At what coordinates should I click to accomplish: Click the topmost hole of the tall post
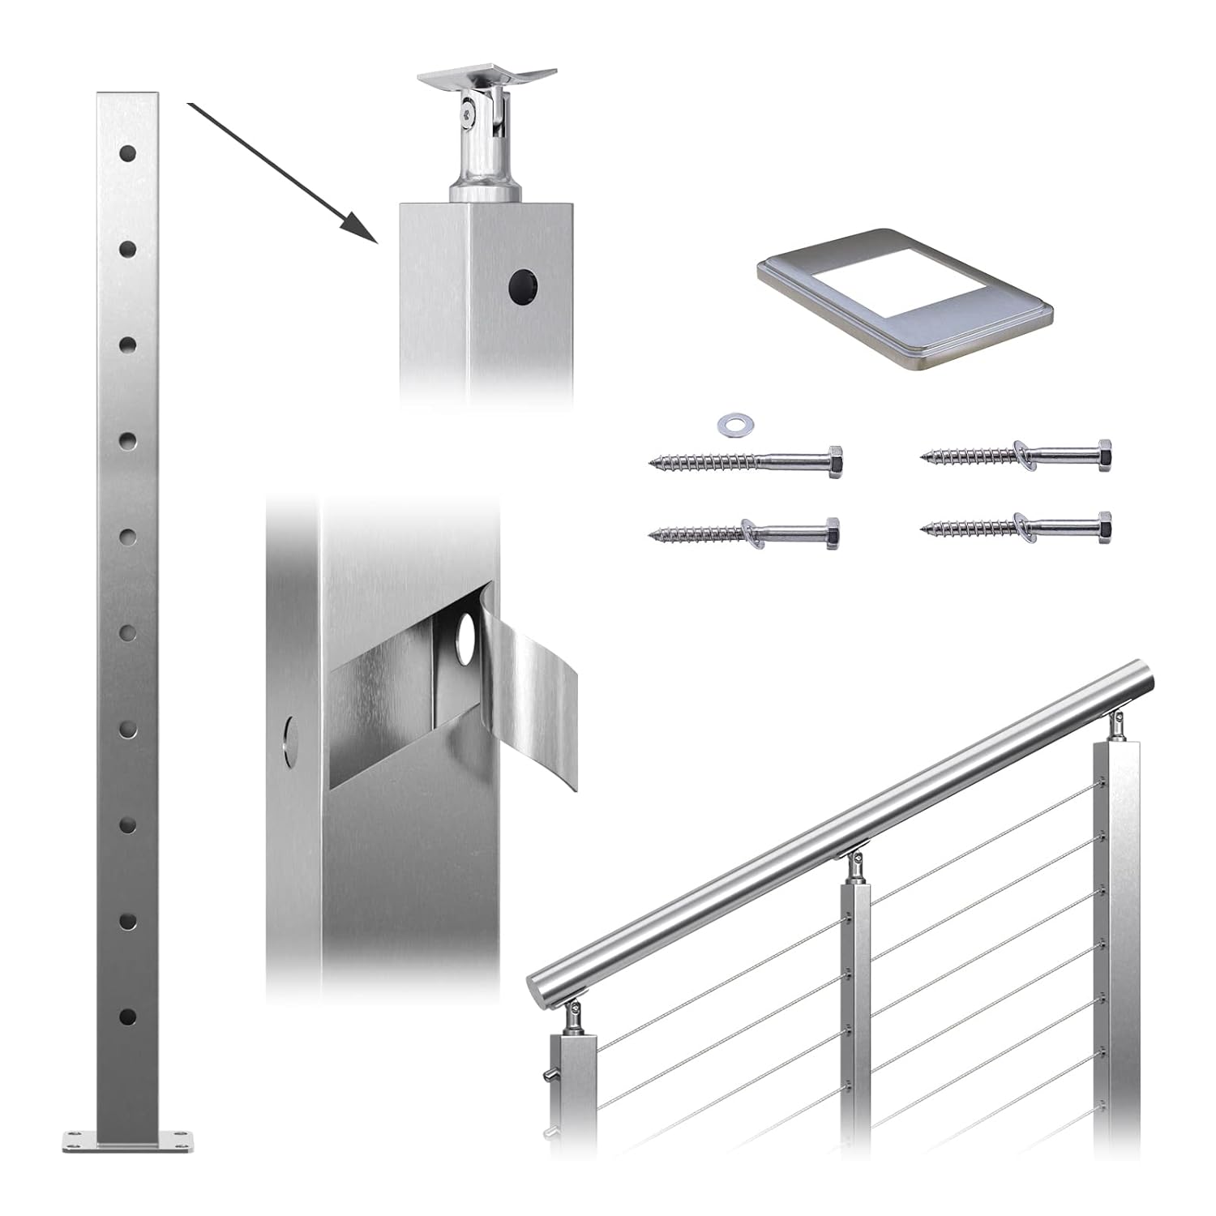pos(127,152)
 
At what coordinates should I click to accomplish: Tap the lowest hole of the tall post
pos(127,1017)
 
